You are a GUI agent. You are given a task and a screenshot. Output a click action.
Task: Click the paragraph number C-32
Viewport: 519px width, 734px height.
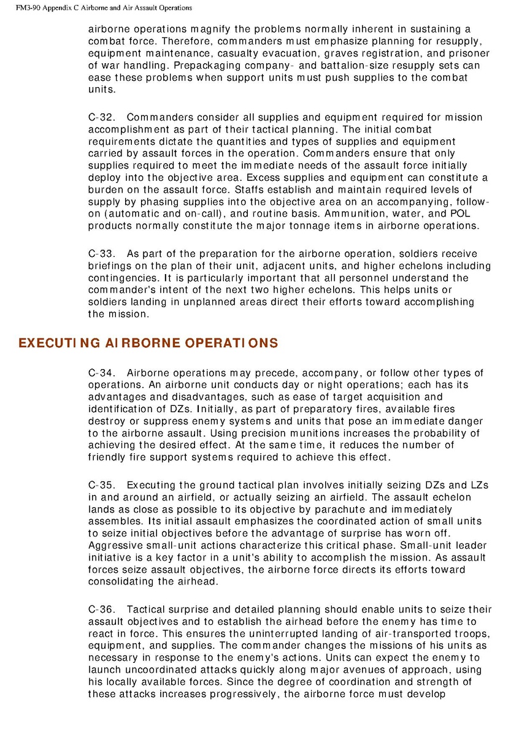[101, 117]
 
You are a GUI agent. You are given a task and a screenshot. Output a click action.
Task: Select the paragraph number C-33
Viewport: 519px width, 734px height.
[101, 254]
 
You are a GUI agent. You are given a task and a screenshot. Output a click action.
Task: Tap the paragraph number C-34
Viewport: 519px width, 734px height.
[101, 373]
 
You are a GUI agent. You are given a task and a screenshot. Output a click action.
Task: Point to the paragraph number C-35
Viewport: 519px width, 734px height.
[101, 485]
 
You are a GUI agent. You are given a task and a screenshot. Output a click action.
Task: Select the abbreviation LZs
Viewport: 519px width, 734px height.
[477, 485]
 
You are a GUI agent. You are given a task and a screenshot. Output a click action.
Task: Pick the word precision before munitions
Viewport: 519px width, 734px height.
[274, 433]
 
